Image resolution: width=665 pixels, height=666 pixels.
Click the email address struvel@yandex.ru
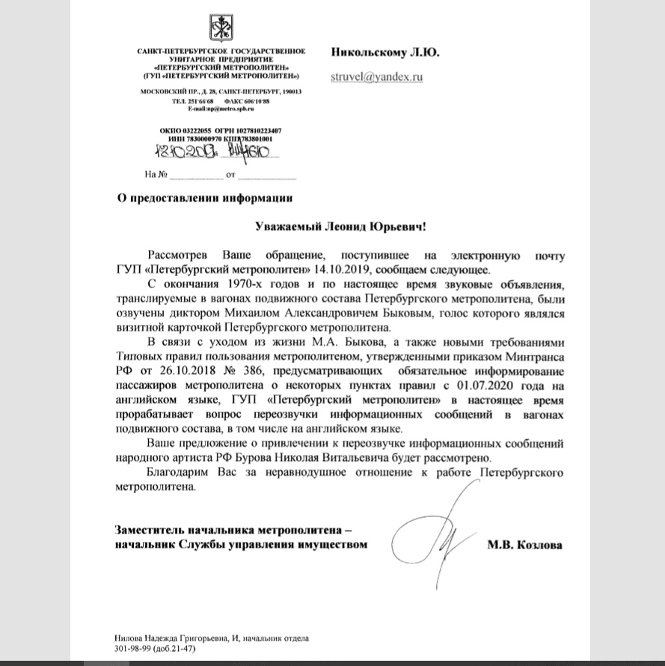pos(377,76)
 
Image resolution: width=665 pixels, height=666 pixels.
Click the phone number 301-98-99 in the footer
pos(125,649)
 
